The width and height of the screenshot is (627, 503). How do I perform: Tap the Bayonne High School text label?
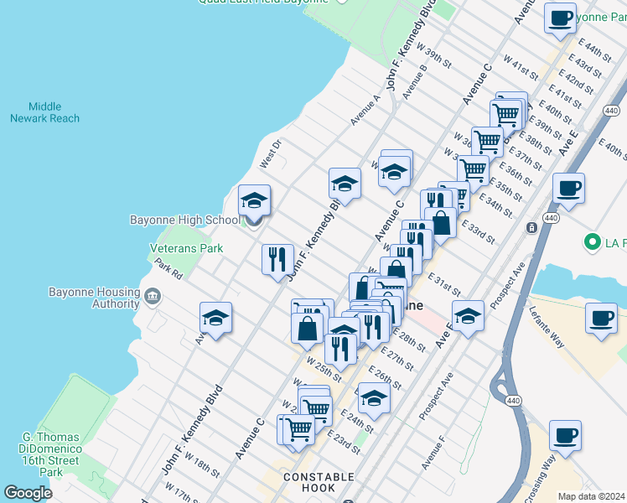point(184,220)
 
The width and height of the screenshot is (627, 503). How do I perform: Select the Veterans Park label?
point(186,248)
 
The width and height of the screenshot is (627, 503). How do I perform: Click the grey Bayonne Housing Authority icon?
point(153,295)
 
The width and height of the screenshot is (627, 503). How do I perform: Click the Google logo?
point(28,493)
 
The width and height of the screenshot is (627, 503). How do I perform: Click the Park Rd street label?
point(168,268)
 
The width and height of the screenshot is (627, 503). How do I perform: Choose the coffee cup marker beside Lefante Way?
point(601,319)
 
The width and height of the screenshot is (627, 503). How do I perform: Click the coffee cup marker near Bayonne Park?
point(560,17)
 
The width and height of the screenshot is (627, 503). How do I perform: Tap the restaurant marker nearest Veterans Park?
point(277,258)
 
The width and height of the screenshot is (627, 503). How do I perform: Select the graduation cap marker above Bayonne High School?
point(254,201)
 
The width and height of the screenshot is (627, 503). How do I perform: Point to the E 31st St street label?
point(444,283)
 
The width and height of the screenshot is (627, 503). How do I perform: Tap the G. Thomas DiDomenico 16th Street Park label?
point(50,454)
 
